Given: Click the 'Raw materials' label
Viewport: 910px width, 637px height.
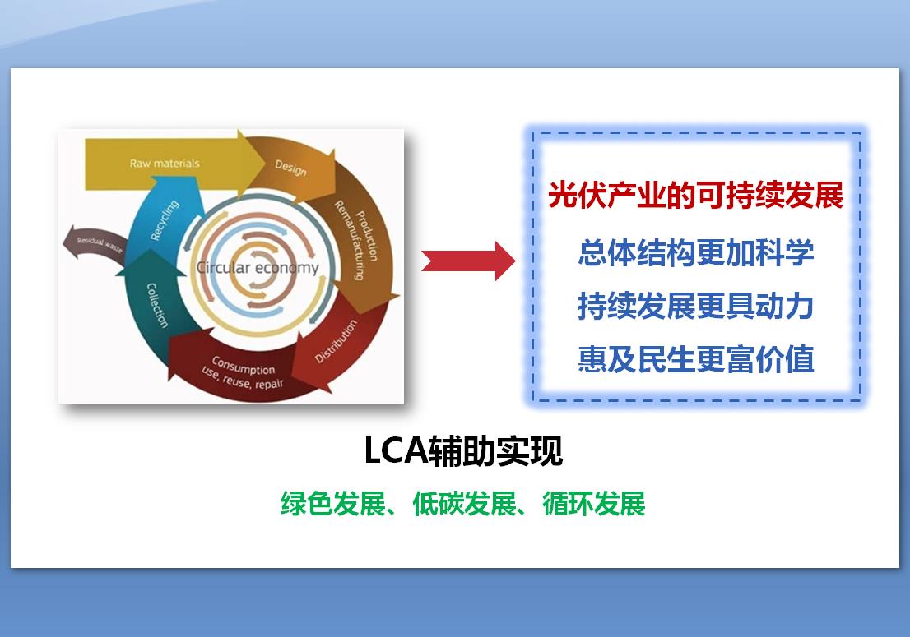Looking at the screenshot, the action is tap(165, 164).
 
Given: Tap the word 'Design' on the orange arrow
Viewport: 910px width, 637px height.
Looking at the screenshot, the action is tap(290, 168).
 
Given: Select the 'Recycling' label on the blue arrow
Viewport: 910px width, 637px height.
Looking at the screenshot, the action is tap(165, 220).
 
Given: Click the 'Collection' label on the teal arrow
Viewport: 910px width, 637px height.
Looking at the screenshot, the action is tap(156, 306).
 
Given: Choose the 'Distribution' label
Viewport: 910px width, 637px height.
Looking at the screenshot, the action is tap(336, 341).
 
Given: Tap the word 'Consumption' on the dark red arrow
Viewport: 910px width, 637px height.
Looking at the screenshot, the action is tap(244, 365).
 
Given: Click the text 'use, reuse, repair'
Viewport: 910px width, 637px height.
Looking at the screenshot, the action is tap(242, 378).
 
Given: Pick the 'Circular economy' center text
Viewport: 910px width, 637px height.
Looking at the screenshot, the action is tap(258, 268).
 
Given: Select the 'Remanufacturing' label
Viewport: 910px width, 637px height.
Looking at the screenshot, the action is tap(349, 240).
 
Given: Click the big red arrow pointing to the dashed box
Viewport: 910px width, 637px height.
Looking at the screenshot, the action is tap(468, 261).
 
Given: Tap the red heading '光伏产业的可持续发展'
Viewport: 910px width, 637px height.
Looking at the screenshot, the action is tap(695, 195).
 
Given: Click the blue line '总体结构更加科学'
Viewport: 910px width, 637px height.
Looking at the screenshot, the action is tap(695, 252).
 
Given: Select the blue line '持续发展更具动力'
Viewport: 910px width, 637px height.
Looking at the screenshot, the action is tap(695, 306).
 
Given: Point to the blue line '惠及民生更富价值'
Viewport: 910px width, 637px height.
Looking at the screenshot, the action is tap(695, 359).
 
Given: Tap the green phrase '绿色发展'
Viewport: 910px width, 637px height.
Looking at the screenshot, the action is tap(333, 503).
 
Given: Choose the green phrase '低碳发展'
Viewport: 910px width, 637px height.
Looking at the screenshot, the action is tap(464, 503).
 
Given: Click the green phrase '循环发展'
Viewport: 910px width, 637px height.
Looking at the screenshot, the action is tap(594, 503).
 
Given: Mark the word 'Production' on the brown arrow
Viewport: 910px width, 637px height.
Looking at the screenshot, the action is tap(367, 236).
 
